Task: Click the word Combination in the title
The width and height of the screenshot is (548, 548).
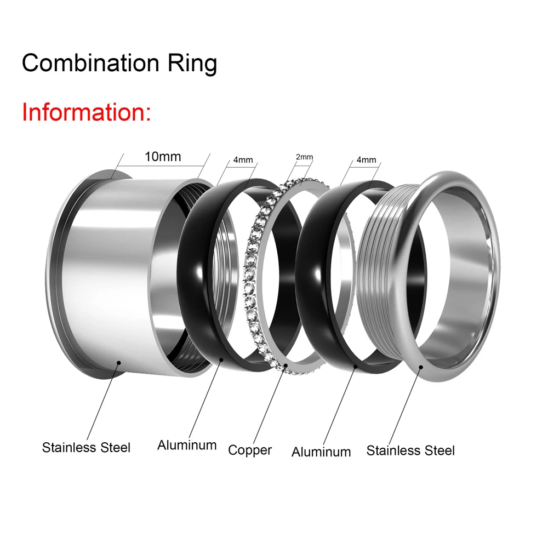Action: tap(90, 63)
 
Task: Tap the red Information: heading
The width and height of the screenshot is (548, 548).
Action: tap(87, 112)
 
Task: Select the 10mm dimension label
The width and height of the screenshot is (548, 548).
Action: tap(163, 157)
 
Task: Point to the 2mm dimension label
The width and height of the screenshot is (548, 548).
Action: tap(304, 157)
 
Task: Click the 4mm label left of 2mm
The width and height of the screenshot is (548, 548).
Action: tap(243, 159)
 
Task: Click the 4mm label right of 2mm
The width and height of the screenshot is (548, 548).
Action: tap(366, 159)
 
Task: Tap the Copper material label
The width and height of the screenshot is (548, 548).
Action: tap(250, 450)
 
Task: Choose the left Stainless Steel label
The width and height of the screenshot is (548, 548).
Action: tap(86, 447)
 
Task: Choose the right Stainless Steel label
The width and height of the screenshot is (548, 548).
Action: tap(410, 450)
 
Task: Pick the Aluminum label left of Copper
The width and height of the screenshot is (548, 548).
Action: tap(187, 445)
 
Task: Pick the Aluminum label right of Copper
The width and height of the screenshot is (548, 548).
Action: tap(321, 452)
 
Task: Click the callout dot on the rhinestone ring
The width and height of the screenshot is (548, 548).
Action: tap(286, 365)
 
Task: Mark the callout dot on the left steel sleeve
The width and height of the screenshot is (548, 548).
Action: tap(119, 363)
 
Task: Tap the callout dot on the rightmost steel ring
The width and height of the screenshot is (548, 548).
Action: tap(421, 367)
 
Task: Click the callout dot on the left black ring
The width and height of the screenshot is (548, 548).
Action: tap(221, 359)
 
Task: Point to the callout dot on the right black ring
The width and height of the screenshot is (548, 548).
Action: tap(356, 367)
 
